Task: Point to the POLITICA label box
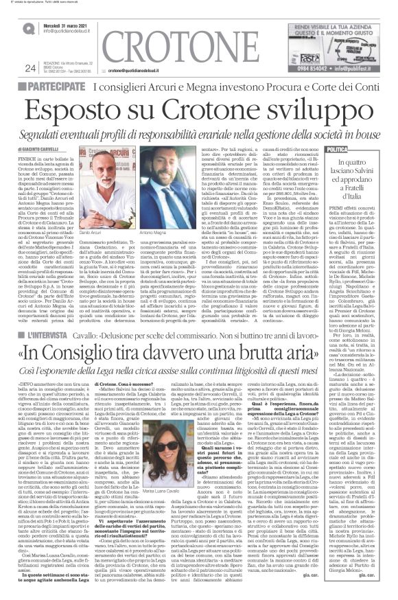click(339, 149)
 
